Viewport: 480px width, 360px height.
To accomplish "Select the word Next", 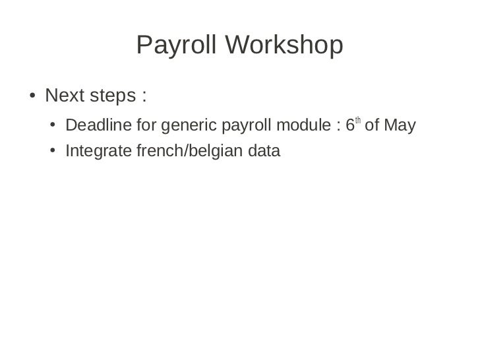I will tap(65, 96).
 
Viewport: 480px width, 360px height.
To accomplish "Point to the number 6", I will tap(350, 125).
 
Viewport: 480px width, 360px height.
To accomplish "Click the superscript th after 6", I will tap(358, 121).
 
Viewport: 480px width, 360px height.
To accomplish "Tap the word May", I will tap(400, 125).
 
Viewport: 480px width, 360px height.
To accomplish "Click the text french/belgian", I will tap(188, 152).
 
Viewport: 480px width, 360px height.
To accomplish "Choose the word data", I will tap(265, 152).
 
